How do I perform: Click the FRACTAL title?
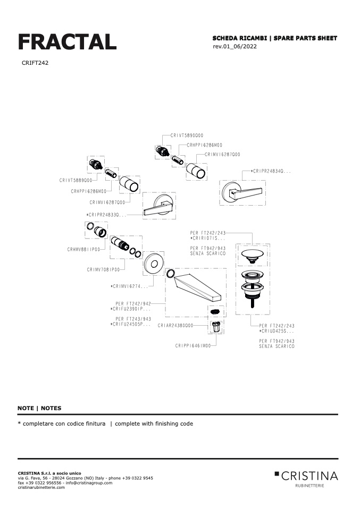pyautogui.click(x=67, y=42)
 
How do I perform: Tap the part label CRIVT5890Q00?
pyautogui.click(x=187, y=135)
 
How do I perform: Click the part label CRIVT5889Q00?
pyautogui.click(x=75, y=181)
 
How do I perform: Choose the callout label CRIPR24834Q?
pyautogui.click(x=271, y=171)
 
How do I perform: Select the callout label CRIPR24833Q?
pyautogui.click(x=107, y=215)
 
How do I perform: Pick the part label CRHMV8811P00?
pyautogui.click(x=83, y=249)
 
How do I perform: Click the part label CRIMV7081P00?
pyautogui.click(x=103, y=269)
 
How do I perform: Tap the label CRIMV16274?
pyautogui.click(x=129, y=286)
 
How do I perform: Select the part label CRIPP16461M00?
pyautogui.click(x=193, y=345)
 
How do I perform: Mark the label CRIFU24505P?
pyautogui.click(x=130, y=324)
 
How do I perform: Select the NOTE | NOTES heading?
pyautogui.click(x=39, y=408)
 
